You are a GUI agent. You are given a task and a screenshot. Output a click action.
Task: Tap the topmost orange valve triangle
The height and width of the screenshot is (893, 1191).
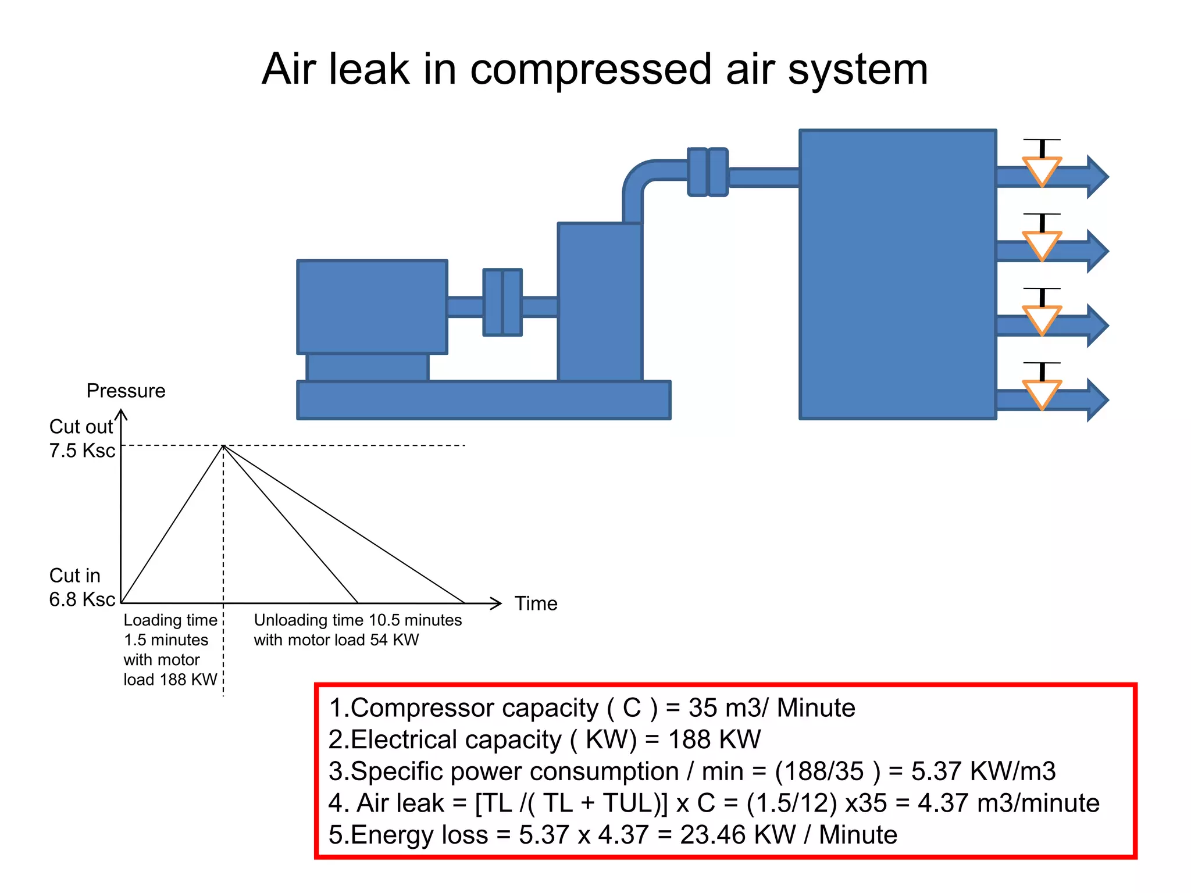click(x=1042, y=170)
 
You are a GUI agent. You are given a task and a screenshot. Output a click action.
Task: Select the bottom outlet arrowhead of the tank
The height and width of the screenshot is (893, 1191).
click(x=1097, y=400)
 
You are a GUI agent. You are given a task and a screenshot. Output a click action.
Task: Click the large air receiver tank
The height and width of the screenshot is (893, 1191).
click(x=897, y=274)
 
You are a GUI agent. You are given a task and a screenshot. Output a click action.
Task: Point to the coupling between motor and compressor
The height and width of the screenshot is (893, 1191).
click(x=502, y=302)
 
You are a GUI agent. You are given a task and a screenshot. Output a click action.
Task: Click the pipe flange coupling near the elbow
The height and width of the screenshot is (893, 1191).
click(x=707, y=172)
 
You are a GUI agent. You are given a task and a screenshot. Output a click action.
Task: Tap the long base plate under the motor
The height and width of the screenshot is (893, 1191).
click(x=483, y=400)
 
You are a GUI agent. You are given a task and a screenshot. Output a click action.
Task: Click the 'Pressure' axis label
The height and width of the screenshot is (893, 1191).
click(x=126, y=391)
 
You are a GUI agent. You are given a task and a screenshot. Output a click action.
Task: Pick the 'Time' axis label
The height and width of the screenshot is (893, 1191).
click(x=536, y=603)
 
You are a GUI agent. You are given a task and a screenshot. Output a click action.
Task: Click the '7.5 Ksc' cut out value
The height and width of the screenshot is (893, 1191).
click(x=82, y=451)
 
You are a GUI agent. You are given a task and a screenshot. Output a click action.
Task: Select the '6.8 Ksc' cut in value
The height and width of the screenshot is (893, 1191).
click(x=82, y=599)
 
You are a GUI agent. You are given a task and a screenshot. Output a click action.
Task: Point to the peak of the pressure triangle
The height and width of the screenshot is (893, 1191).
click(x=223, y=446)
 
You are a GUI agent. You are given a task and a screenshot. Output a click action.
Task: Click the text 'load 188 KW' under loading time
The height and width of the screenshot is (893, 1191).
click(x=170, y=680)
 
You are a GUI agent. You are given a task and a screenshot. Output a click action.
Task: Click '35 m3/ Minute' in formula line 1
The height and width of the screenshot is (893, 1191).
click(x=772, y=708)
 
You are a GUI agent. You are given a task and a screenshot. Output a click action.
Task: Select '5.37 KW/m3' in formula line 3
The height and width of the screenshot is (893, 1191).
click(x=983, y=771)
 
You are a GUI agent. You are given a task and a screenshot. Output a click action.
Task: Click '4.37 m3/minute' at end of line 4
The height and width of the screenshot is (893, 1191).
click(x=1008, y=803)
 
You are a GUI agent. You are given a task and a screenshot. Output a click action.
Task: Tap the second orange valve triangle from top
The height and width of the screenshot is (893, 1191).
click(x=1042, y=244)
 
